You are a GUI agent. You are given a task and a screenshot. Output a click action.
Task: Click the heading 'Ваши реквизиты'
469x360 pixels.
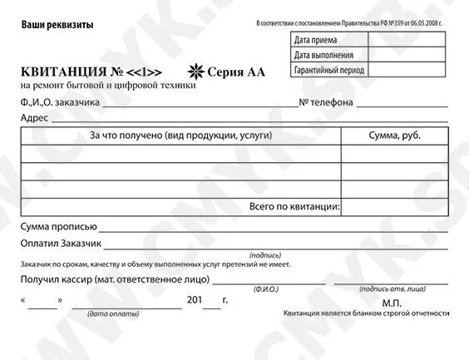point(57,25)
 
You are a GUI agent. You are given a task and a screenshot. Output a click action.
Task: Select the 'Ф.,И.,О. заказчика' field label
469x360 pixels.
point(61,102)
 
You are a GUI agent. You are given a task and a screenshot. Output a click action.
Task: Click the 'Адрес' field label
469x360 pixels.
point(34,118)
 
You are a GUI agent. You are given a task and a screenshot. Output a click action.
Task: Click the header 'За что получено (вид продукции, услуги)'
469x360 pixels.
point(180,135)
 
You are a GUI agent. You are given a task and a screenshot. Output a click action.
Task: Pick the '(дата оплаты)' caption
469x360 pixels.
point(108,313)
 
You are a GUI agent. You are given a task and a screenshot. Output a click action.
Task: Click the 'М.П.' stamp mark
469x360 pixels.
point(392,303)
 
